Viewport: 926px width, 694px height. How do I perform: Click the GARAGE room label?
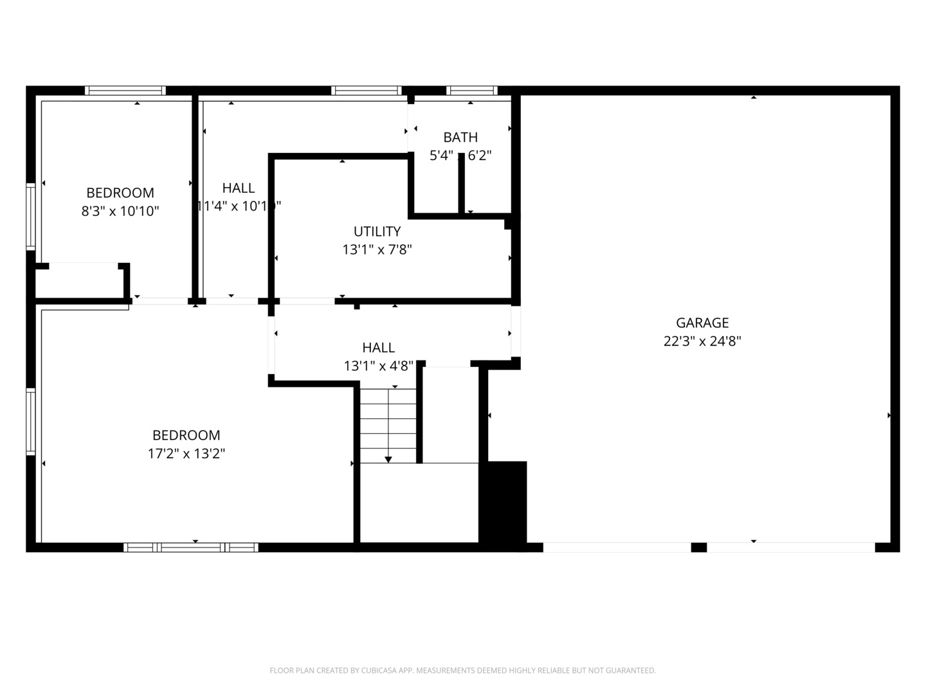tap(702, 323)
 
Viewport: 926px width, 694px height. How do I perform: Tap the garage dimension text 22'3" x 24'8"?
tap(702, 341)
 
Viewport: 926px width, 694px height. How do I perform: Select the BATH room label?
tap(460, 137)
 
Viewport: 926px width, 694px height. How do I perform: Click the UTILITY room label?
tap(377, 231)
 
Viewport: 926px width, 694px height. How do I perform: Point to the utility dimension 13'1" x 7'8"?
tap(377, 249)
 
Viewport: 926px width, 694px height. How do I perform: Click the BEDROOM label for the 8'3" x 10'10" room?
tap(120, 193)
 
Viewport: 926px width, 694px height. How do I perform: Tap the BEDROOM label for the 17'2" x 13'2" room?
tap(186, 435)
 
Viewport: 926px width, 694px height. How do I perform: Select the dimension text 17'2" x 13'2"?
tap(186, 454)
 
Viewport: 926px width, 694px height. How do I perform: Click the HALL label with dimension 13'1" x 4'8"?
tap(378, 348)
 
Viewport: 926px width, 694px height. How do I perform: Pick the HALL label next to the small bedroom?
tap(238, 188)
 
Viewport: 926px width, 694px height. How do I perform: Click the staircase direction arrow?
tap(388, 458)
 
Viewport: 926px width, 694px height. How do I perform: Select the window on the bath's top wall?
tap(472, 91)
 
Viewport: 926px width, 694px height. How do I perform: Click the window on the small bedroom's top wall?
tap(125, 91)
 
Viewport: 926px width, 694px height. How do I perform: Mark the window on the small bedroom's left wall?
tap(30, 216)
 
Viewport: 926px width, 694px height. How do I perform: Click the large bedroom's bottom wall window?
tap(191, 547)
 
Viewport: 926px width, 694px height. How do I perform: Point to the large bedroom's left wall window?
tap(30, 422)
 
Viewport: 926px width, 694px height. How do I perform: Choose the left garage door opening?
tap(617, 547)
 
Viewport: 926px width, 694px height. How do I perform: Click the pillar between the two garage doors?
tap(698, 547)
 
